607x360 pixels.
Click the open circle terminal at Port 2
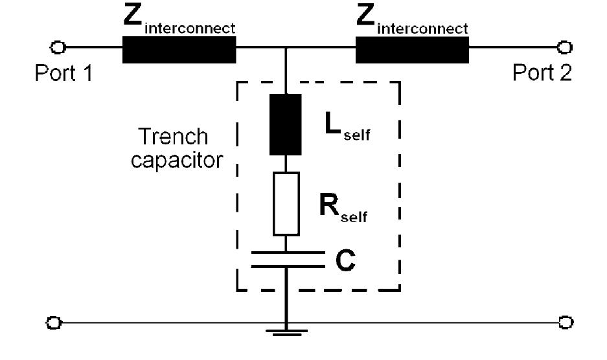click(565, 47)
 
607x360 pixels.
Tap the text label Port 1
click(63, 73)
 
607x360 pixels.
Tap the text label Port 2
click(542, 73)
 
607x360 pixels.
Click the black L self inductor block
click(286, 125)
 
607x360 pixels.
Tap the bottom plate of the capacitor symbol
click(286, 266)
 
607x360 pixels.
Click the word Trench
click(174, 137)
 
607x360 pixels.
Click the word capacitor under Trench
click(176, 159)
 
